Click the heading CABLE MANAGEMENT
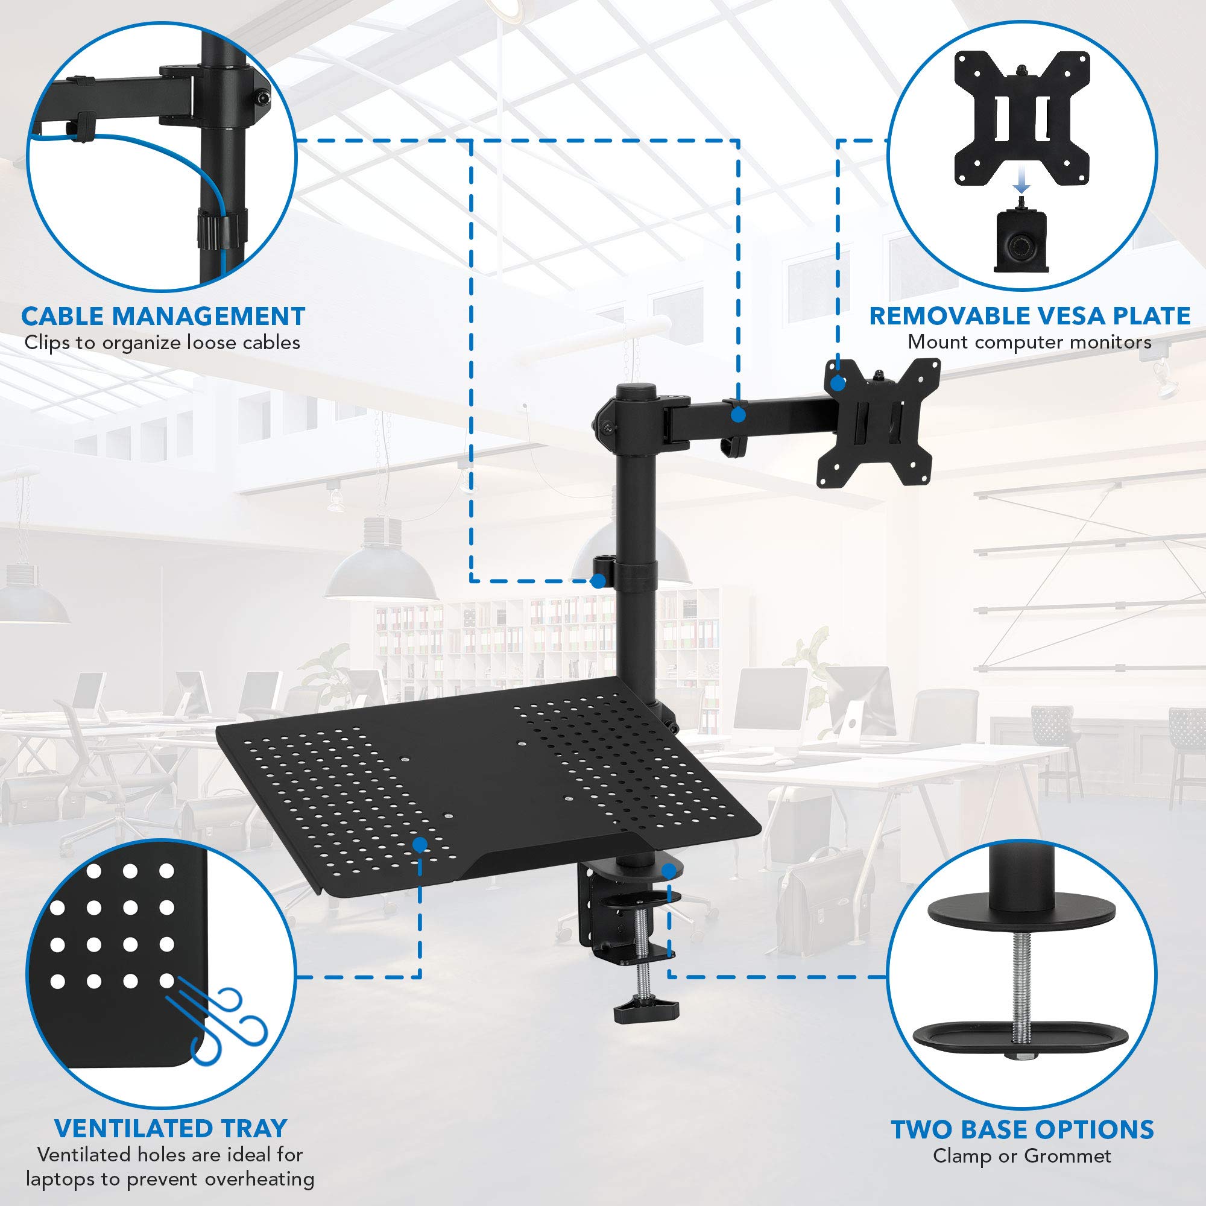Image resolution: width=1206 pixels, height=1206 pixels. (x=163, y=316)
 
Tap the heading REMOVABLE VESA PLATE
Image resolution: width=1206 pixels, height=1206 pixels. (x=1029, y=316)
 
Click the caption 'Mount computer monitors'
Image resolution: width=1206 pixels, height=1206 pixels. (x=1029, y=342)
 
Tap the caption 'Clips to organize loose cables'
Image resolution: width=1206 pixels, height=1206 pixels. (x=162, y=343)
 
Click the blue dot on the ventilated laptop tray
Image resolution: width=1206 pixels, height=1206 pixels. (x=420, y=845)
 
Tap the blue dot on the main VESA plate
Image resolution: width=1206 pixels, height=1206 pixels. (x=838, y=384)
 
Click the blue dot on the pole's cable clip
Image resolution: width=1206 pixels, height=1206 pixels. (x=598, y=581)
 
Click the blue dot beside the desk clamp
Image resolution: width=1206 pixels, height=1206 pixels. (x=669, y=871)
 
